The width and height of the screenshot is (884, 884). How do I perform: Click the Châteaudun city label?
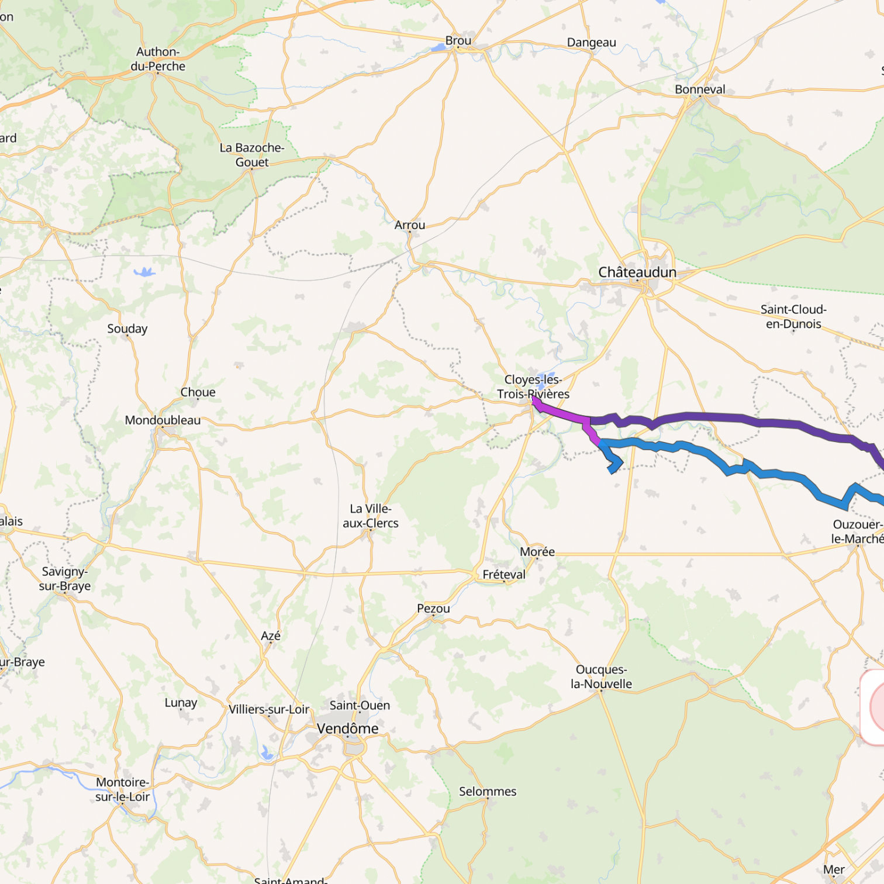[x=637, y=272]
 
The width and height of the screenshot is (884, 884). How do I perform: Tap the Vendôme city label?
[x=347, y=728]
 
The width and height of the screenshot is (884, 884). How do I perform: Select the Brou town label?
[x=458, y=41]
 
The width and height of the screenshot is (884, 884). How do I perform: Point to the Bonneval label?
[x=700, y=89]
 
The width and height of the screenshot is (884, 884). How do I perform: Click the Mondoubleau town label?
[x=163, y=420]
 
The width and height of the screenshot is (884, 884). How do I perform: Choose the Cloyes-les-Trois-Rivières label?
[x=533, y=386]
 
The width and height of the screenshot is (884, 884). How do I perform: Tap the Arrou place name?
[x=410, y=225]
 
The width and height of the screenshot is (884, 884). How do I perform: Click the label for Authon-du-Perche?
[x=158, y=59]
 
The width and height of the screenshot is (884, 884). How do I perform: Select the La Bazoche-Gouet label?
[x=252, y=155]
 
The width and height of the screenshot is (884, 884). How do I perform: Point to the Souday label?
[x=127, y=329]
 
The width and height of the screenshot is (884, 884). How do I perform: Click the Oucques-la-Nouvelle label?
[x=602, y=676]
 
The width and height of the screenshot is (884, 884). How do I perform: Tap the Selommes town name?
[x=488, y=792]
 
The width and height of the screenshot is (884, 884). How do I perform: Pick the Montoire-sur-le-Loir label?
[x=123, y=789]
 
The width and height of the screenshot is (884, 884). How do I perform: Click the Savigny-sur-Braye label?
[x=65, y=579]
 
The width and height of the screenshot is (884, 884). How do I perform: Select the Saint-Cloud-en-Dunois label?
[x=793, y=316]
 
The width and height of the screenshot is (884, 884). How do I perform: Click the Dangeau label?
[x=591, y=43]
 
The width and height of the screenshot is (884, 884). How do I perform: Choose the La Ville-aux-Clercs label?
[x=371, y=516]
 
